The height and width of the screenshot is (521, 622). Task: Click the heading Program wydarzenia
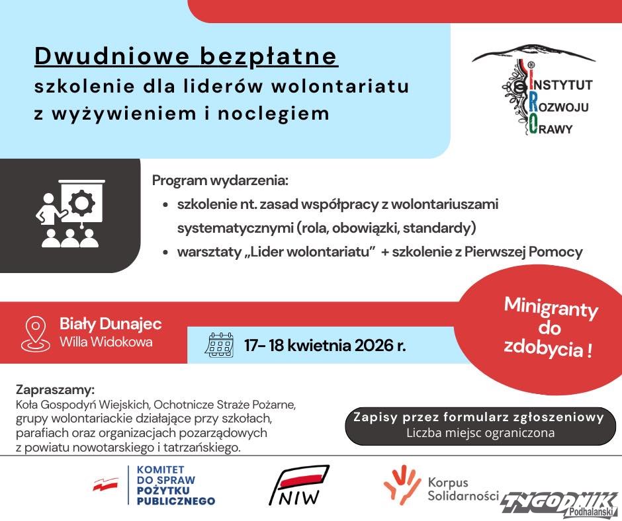220,180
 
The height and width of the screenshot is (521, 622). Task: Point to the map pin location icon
35,333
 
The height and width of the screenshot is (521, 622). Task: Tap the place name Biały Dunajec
111,324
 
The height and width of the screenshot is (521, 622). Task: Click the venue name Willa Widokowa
106,342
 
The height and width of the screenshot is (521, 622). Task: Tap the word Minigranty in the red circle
551,308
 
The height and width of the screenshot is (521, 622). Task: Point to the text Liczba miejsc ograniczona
480,434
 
